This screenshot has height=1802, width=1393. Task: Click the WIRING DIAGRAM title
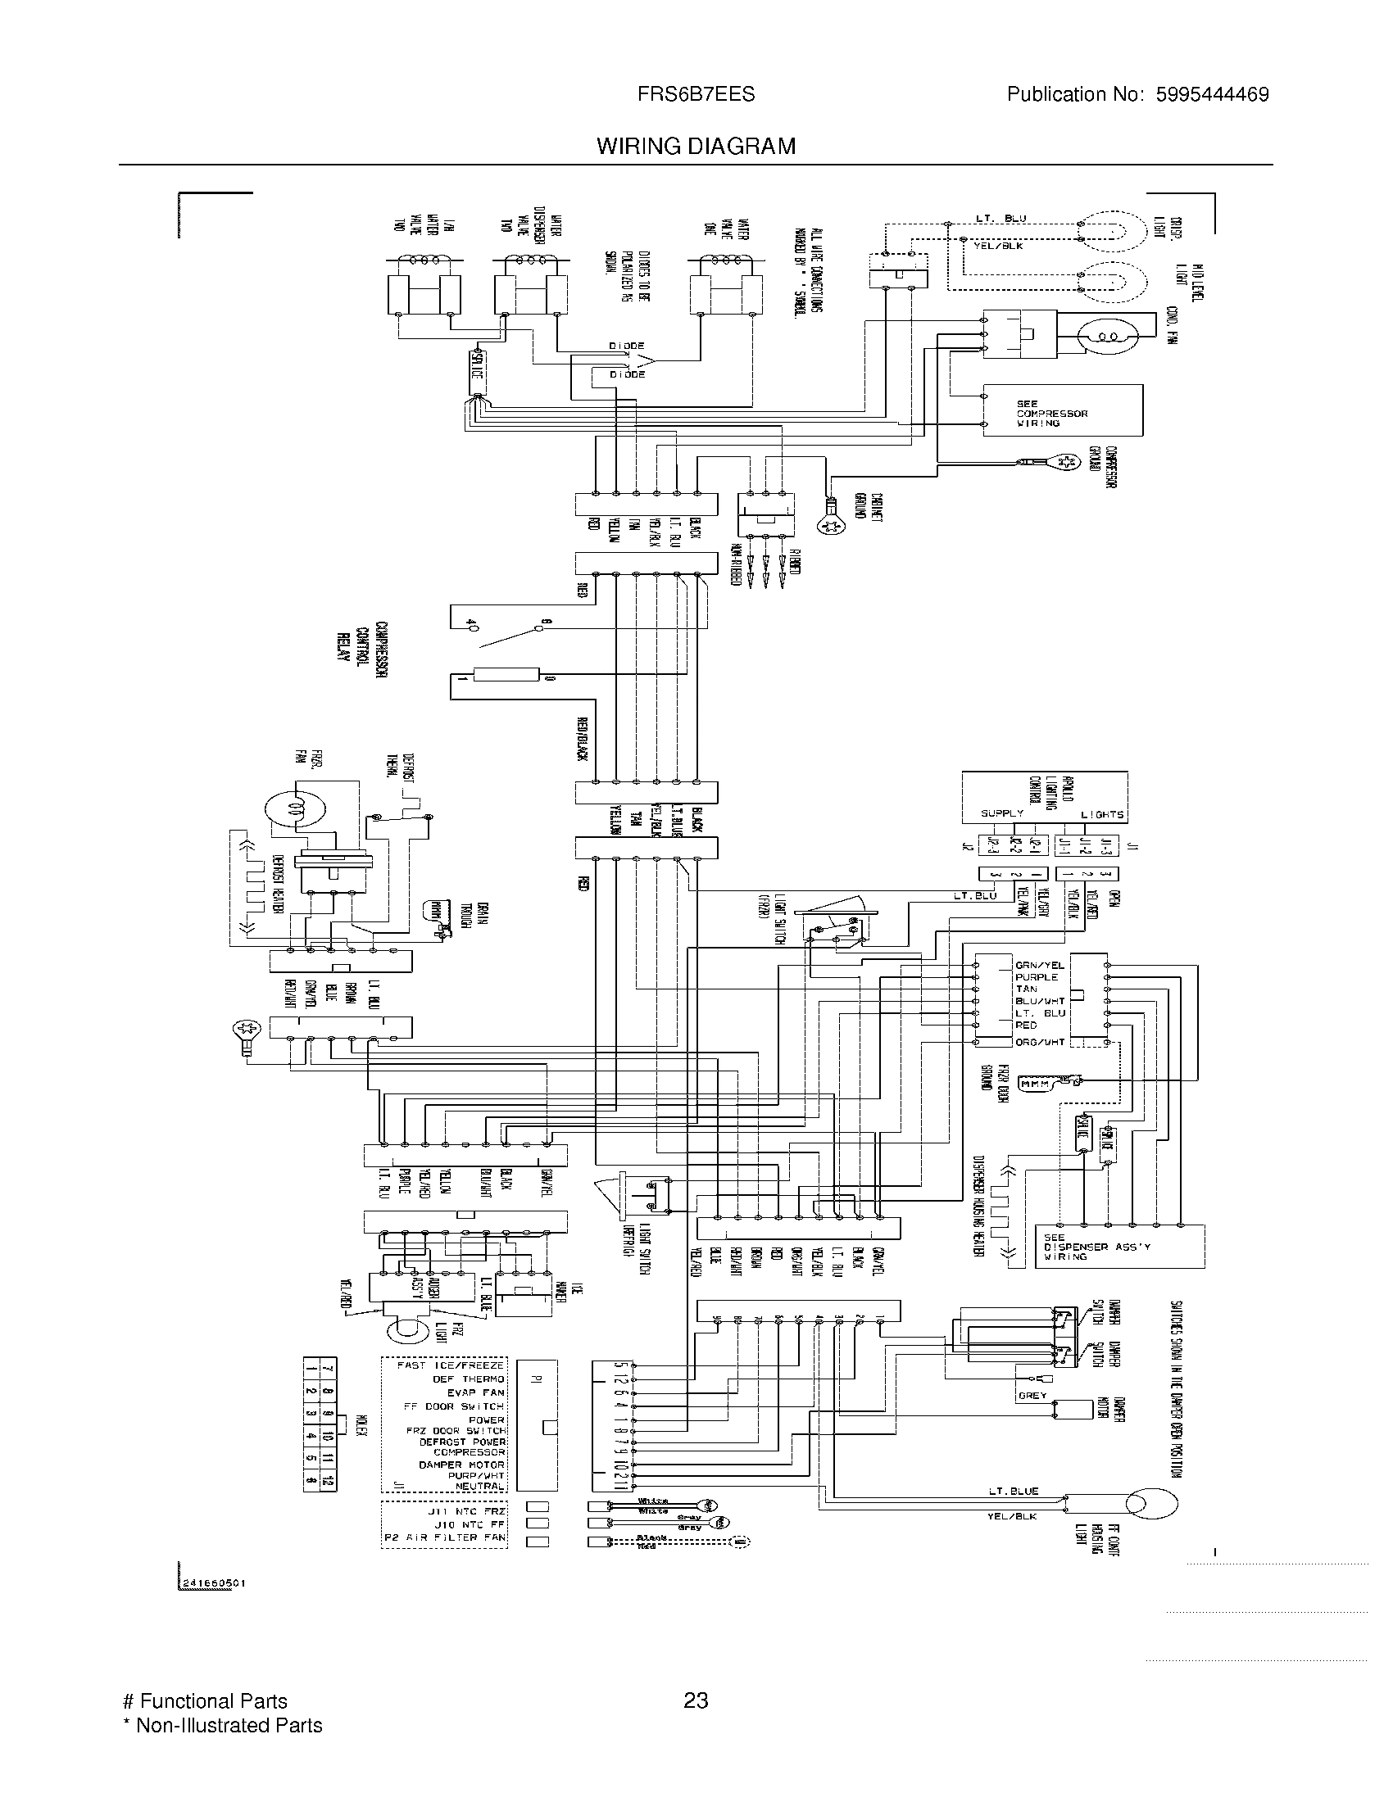[x=696, y=146]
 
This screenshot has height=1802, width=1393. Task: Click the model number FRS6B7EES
[x=696, y=94]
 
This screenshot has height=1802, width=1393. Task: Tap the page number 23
[x=696, y=1700]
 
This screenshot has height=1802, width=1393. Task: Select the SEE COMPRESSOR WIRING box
[x=1061, y=410]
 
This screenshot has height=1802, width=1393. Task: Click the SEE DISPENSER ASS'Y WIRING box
[x=1119, y=1247]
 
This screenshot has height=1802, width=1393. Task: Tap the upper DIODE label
[x=626, y=346]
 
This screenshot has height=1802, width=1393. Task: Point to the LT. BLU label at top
[x=1001, y=219]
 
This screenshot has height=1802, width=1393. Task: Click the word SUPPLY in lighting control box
[x=1001, y=813]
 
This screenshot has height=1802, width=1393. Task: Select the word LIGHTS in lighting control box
[x=1101, y=814]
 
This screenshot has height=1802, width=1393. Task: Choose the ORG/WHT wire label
[x=1040, y=1042]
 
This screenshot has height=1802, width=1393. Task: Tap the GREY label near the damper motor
[x=1032, y=1396]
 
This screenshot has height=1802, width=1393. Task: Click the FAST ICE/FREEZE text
[x=450, y=1365]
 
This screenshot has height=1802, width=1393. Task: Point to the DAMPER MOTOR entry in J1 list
[x=461, y=1465]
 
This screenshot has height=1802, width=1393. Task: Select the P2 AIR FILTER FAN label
[x=445, y=1538]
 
